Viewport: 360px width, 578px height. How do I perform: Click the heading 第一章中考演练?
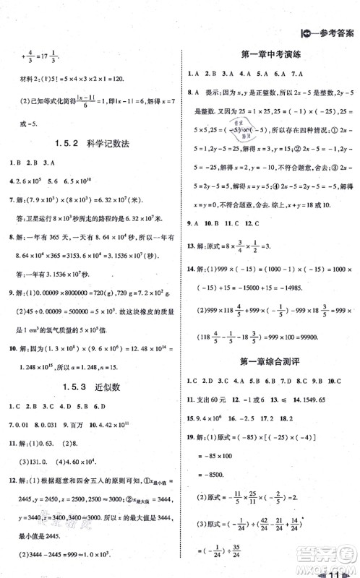(269, 54)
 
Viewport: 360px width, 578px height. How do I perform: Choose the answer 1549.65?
(328, 398)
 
